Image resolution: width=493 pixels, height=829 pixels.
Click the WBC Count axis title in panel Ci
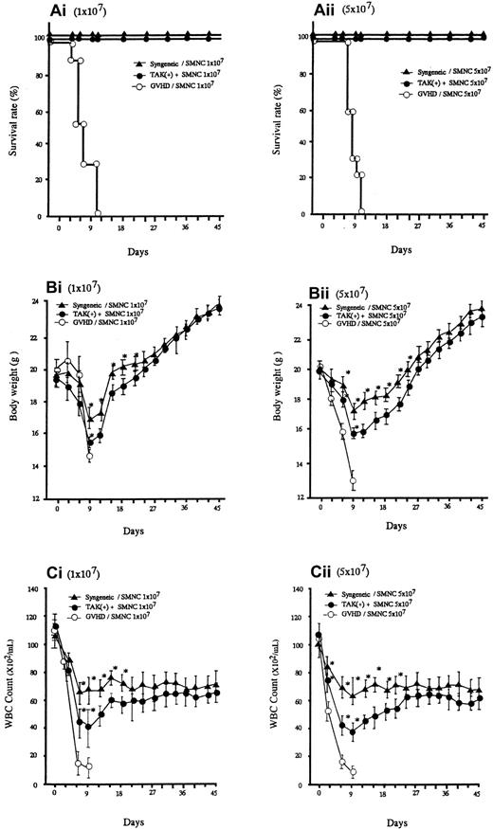[x=9, y=688]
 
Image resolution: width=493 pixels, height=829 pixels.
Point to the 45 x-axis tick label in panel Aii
[x=482, y=226]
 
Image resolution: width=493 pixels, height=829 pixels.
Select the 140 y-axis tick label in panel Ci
[x=28, y=589]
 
